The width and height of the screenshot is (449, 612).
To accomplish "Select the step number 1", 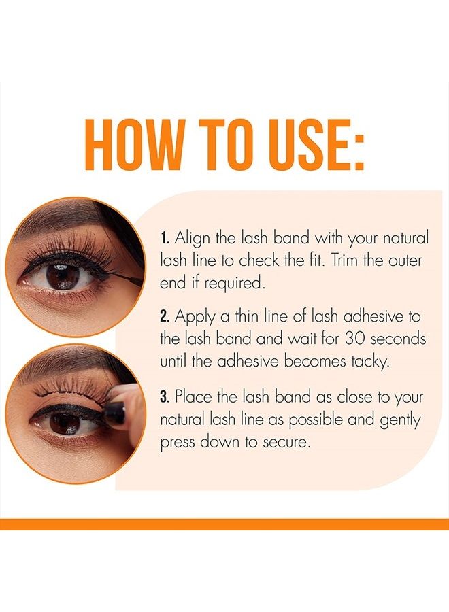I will click(x=164, y=239).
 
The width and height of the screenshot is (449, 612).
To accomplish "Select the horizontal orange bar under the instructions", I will click(x=224, y=524).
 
